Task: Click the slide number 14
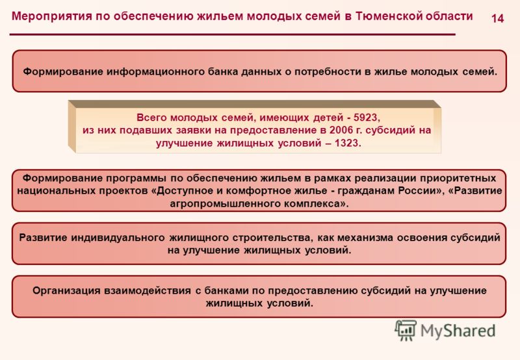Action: click(497, 18)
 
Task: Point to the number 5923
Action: click(365, 118)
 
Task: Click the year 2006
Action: click(341, 130)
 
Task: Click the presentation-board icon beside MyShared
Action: click(405, 330)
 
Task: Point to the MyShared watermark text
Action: click(458, 331)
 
